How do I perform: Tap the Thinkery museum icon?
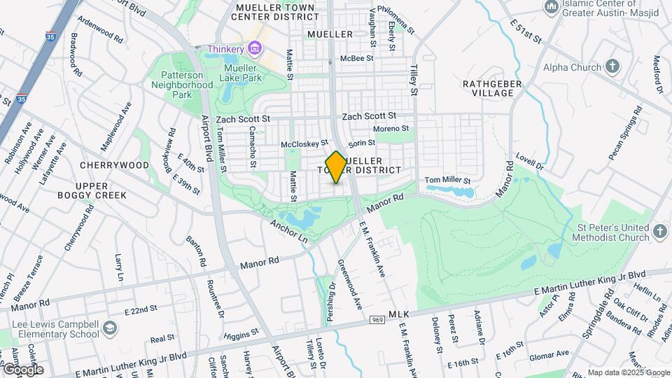254,49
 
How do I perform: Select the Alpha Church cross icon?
612,67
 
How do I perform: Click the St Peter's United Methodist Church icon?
660,232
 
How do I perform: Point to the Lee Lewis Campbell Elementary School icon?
109,328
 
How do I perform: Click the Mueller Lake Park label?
241,73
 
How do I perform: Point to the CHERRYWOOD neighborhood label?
114,165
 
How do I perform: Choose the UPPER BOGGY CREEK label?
92,190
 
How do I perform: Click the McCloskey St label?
304,144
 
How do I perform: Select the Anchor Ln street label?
289,230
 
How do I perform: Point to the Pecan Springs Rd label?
625,134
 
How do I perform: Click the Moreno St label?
391,129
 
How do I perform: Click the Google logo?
22,369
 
